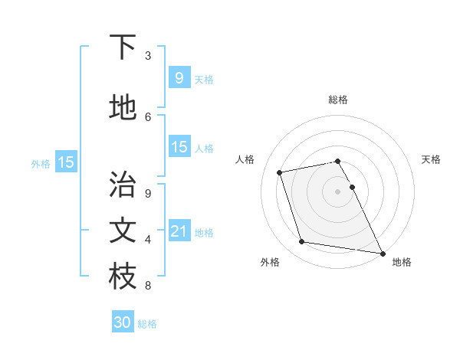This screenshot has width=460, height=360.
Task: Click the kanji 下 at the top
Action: pos(123,47)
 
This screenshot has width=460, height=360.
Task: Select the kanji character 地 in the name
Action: pos(123,108)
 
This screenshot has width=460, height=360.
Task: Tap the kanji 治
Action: pos(123,185)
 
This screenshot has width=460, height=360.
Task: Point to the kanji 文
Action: pos(123,231)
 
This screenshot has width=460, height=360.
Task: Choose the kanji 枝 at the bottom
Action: pos(123,277)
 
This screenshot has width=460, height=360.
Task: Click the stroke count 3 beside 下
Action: pos(148,56)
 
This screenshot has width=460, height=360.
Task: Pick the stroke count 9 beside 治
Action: pos(148,193)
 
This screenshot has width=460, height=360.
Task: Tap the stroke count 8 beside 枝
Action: pos(148,286)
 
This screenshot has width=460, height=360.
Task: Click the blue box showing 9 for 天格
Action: pos(179,78)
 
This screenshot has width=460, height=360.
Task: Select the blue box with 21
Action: pos(179,231)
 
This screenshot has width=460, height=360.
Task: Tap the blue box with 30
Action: pos(123,322)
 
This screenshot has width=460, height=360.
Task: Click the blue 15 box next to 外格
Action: pos(65,162)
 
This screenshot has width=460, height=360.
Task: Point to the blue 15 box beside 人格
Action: pos(179,147)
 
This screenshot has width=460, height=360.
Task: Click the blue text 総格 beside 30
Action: pos(147,324)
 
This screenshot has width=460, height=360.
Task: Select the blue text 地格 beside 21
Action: pos(204,233)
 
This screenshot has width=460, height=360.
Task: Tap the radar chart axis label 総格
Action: pos(337,100)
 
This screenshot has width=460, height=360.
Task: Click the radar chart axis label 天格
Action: pos(431,159)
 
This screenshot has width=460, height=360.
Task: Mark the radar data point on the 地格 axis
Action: pos(381,253)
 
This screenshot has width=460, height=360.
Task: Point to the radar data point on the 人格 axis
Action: pos(279,172)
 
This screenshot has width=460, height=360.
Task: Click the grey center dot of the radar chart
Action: pos(337,191)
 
